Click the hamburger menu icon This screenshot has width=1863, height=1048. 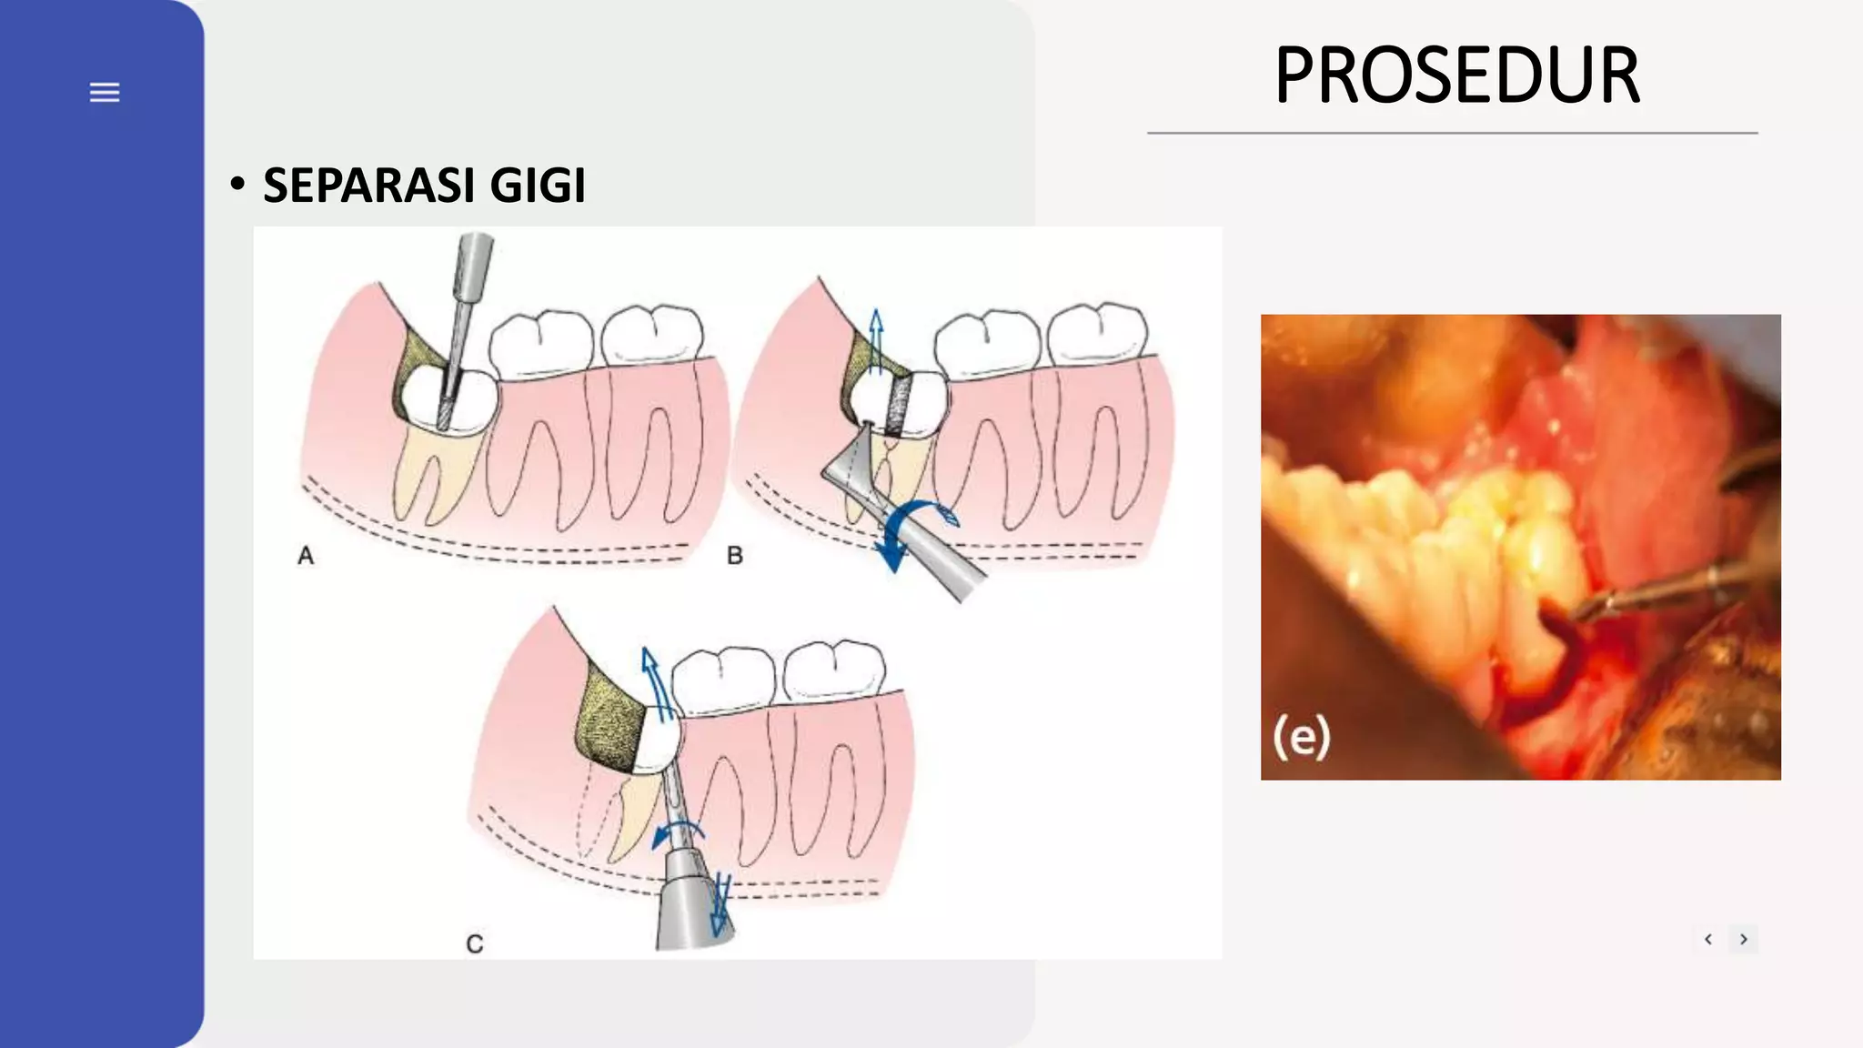click(105, 92)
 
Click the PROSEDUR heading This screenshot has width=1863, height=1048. click(1456, 76)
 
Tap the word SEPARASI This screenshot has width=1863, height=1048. click(368, 186)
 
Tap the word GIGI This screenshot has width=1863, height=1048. click(537, 186)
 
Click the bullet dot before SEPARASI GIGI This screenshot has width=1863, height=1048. click(237, 185)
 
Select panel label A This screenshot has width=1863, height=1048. click(306, 556)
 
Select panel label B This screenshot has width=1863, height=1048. click(735, 556)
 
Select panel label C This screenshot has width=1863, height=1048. click(475, 944)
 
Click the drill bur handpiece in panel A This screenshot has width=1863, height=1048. click(472, 273)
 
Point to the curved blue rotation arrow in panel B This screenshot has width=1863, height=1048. click(914, 529)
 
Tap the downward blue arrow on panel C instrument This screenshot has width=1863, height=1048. click(720, 905)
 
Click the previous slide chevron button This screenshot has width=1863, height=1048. click(1708, 939)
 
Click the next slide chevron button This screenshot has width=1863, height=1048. click(1744, 939)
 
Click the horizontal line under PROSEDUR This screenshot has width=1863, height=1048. click(1452, 133)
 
